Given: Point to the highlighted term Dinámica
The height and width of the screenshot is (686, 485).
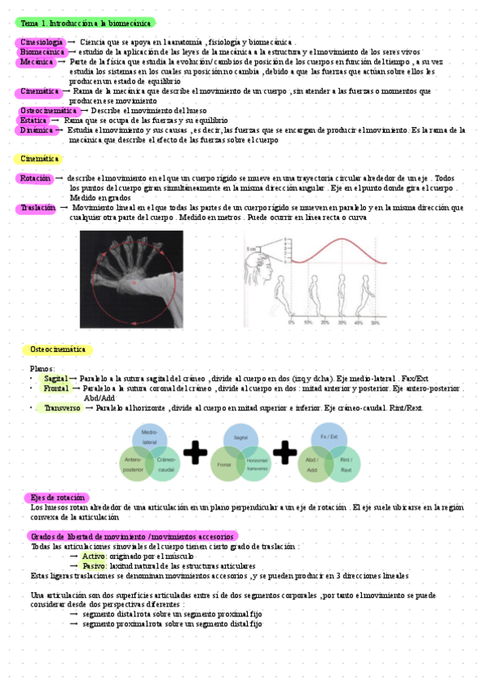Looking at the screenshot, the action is click(36, 129).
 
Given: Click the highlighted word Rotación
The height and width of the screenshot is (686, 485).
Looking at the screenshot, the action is click(34, 178).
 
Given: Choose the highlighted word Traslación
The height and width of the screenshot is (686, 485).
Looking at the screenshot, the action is click(36, 208).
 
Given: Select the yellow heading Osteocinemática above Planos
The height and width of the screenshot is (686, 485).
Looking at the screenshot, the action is click(57, 349).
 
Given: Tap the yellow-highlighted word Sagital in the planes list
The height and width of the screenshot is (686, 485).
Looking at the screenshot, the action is click(56, 379).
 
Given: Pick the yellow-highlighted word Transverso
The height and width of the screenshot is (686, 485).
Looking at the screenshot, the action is click(62, 409).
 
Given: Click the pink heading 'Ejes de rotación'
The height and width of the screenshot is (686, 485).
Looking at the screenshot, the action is click(57, 497).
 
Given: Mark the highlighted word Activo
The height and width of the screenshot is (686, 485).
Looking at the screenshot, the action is click(94, 557).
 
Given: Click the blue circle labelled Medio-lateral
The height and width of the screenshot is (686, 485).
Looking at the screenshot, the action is click(149, 437).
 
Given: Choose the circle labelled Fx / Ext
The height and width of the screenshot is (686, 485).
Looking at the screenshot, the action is click(329, 438).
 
